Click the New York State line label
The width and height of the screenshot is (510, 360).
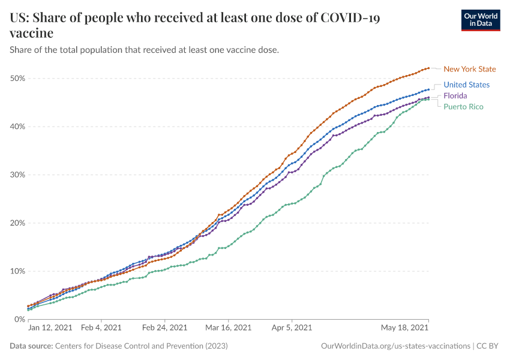click(469, 69)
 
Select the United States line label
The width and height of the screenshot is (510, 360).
click(466, 85)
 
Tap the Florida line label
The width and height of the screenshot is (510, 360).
click(455, 95)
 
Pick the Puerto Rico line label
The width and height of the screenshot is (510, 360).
click(463, 106)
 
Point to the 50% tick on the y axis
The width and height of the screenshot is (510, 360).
click(16, 79)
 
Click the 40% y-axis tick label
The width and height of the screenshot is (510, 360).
click(16, 127)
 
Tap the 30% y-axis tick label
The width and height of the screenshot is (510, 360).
click(16, 175)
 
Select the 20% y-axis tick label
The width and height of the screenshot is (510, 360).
click(16, 223)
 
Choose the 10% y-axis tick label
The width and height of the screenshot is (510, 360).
click(16, 271)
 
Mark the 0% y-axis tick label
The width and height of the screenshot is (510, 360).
click(19, 319)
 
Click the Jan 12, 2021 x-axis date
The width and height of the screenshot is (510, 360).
click(50, 328)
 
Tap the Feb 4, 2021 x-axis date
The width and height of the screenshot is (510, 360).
click(101, 328)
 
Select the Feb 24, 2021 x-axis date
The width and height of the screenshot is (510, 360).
click(164, 328)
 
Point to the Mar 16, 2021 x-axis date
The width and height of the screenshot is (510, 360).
click(229, 328)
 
